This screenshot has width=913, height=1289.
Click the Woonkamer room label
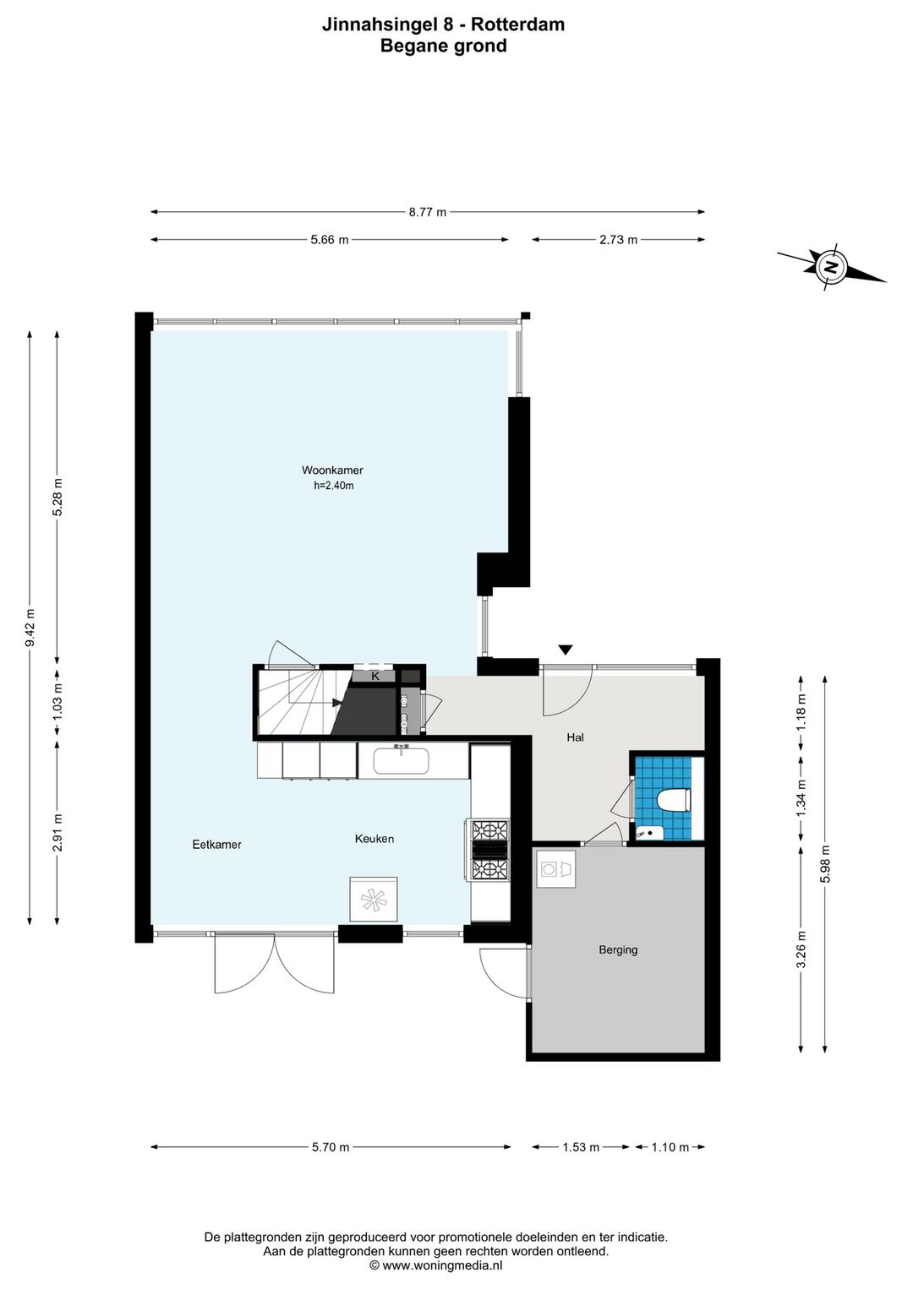(332, 470)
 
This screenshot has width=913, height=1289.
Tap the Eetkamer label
(216, 845)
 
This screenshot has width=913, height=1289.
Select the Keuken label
(374, 839)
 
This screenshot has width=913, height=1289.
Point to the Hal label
(575, 737)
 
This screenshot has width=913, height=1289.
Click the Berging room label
(618, 950)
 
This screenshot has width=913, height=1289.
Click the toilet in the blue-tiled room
(674, 801)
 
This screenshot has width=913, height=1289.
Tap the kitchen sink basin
(401, 761)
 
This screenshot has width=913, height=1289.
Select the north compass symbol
(831, 266)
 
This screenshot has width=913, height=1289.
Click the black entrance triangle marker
(566, 650)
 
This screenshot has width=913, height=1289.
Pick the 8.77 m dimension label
(428, 212)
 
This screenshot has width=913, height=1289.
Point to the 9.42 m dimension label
(30, 628)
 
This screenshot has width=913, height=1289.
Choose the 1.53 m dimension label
(581, 1147)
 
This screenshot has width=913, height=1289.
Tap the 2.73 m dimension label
(618, 239)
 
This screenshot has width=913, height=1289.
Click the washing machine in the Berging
(556, 868)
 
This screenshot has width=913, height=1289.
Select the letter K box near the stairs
(375, 676)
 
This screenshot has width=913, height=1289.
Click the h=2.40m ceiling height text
(334, 486)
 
